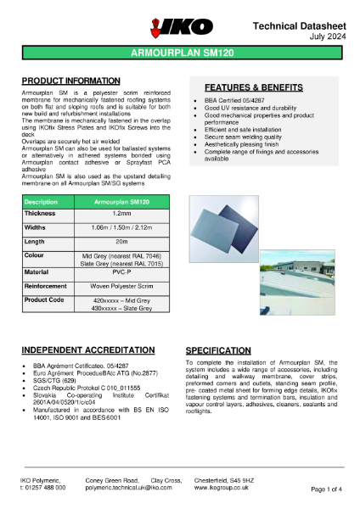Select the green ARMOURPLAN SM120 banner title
coord(179,53)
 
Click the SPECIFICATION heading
coord(219,350)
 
